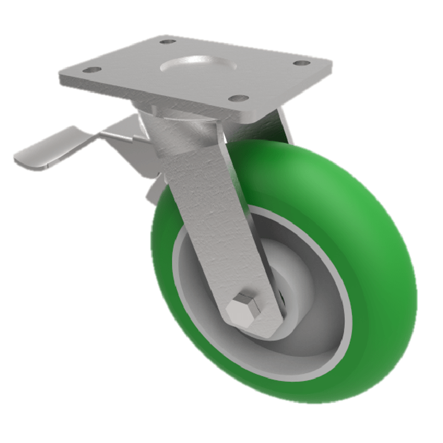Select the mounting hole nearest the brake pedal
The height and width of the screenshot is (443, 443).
point(92,70)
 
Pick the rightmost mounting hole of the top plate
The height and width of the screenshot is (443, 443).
point(301,63)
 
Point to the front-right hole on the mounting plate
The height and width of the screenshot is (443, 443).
point(239,98)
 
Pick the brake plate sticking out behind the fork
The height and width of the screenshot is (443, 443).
point(155,188)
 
